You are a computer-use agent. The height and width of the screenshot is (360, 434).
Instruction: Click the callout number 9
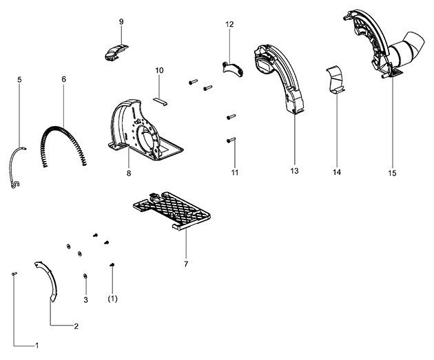tap(121, 22)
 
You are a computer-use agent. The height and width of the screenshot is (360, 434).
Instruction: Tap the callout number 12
tap(229, 24)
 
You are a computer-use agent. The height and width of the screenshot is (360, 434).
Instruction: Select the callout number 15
tap(392, 173)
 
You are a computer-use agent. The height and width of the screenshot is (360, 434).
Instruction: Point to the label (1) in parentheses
tap(113, 299)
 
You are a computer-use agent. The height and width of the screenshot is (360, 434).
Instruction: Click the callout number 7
tap(186, 264)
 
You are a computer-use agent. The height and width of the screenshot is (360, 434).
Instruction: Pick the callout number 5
tap(19, 80)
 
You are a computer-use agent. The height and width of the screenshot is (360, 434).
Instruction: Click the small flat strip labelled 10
tap(161, 101)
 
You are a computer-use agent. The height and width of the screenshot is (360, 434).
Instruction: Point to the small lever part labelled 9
tap(116, 52)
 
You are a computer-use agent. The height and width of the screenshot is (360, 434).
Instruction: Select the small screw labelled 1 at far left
tap(14, 274)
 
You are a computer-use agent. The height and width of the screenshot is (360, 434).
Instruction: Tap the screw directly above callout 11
tap(231, 140)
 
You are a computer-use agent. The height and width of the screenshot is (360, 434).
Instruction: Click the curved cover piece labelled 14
tap(335, 80)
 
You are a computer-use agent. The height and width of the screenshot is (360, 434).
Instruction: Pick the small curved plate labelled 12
tap(233, 69)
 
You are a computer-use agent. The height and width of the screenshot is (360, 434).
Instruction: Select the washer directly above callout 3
tap(85, 276)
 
